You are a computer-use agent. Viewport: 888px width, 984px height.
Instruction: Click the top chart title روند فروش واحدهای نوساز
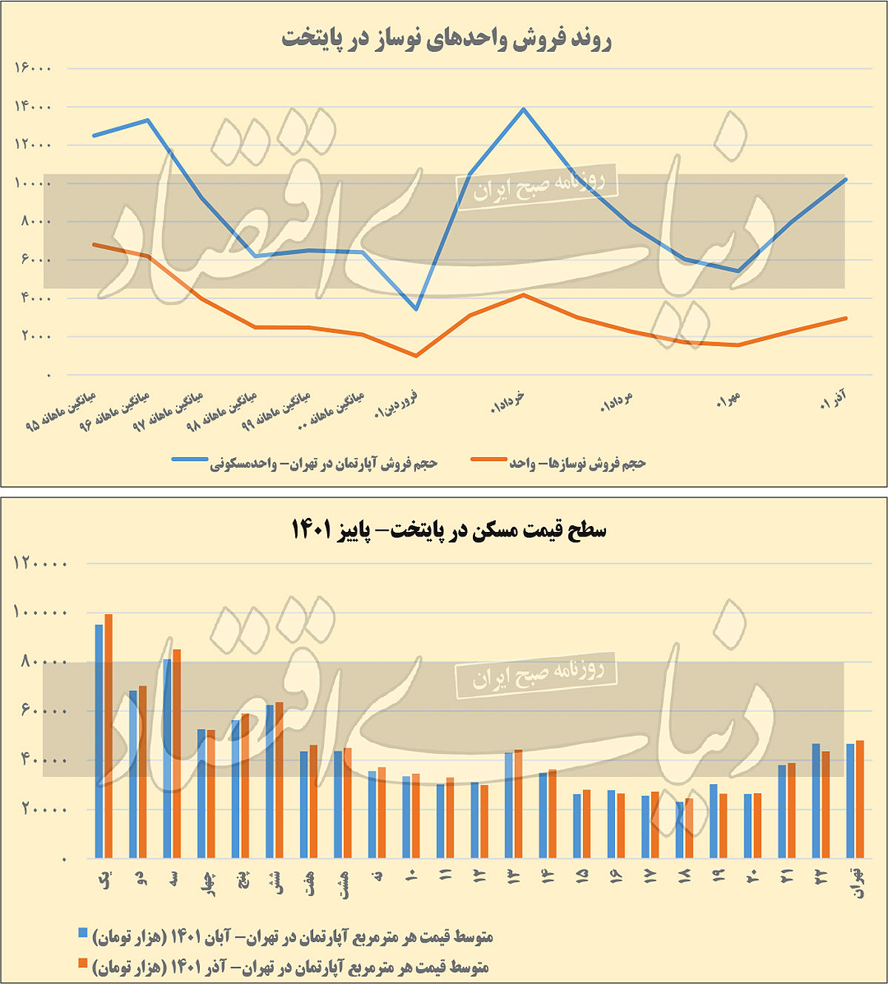[446, 38]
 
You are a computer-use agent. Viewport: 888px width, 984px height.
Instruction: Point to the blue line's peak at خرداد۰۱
[524, 109]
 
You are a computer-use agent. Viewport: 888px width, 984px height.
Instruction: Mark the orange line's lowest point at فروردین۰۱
[417, 356]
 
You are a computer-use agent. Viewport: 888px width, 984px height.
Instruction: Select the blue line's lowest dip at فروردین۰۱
[417, 309]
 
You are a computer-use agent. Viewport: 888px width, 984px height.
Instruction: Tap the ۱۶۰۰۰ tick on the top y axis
[33, 68]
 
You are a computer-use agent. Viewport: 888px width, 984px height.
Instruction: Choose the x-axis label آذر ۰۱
[833, 402]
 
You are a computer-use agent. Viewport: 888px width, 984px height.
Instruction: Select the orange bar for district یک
[108, 736]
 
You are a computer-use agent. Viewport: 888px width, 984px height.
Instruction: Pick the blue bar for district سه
[167, 758]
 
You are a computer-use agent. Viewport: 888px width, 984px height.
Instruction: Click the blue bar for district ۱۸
[680, 830]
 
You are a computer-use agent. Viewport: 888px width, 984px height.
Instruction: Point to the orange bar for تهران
[860, 799]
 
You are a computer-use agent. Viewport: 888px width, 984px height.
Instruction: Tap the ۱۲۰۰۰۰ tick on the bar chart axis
[40, 563]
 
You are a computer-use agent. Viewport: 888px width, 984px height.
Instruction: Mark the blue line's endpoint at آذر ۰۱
[845, 180]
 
